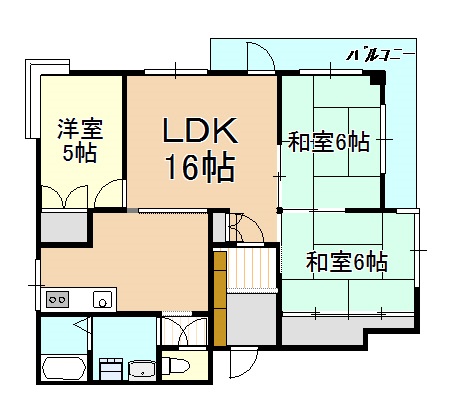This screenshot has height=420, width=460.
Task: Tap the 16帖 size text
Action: click(200, 166)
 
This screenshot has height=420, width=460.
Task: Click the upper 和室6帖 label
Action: click(330, 142)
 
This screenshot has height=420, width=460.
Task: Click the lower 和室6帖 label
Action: click(346, 262)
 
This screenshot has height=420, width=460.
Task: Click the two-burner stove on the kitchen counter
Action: click(56, 298)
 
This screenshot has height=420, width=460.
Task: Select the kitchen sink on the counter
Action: click(102, 298)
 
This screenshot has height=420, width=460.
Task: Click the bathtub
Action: click(63, 368)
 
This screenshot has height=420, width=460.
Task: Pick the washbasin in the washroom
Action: click(139, 368)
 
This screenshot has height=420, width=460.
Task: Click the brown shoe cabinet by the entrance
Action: click(220, 296)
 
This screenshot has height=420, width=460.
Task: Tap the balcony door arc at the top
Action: click(260, 58)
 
